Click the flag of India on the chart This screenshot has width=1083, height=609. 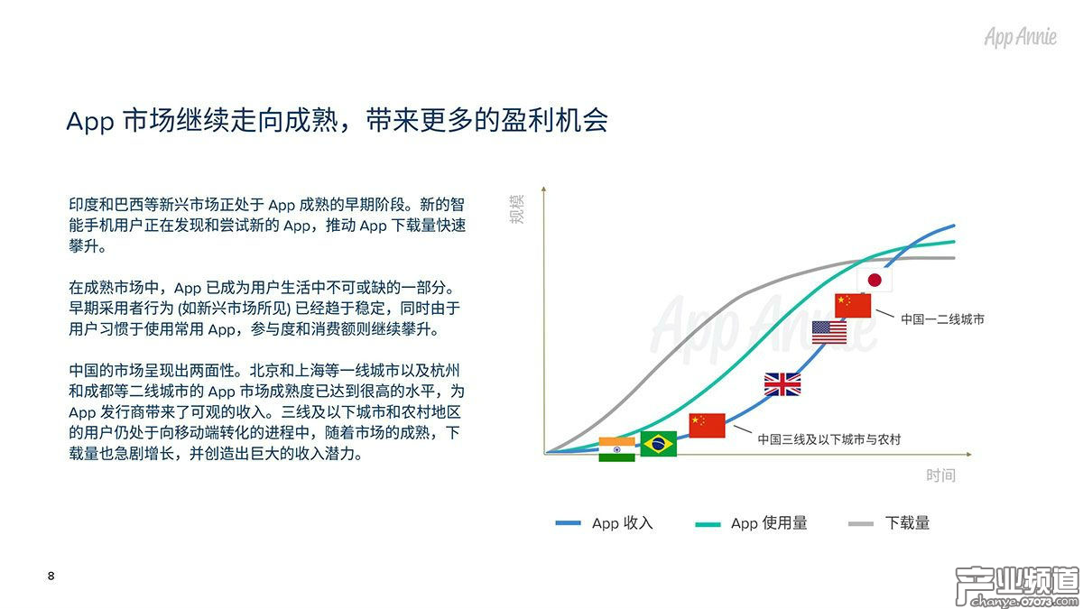616,448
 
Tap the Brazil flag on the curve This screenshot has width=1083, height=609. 659,443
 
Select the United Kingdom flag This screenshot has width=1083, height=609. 782,384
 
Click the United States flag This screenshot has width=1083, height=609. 829,332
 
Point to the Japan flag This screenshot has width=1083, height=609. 874,280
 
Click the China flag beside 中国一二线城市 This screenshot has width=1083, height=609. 853,306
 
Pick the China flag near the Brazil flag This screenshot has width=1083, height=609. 707,425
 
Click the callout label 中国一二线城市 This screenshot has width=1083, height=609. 942,319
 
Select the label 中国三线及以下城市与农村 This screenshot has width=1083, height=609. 828,439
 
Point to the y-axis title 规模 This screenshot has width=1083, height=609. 516,209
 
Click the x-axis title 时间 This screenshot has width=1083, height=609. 940,475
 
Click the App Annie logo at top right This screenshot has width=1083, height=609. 1021,38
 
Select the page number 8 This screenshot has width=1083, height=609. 51,576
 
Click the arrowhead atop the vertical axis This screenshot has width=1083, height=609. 544,189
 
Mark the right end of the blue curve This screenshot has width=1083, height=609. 953,226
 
